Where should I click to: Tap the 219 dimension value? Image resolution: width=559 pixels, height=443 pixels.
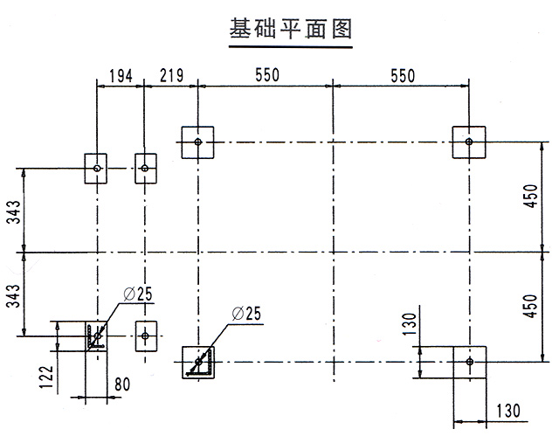[171, 76]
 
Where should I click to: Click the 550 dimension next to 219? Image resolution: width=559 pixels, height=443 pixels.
[266, 76]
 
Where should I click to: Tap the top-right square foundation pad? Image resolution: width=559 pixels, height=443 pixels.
[469, 142]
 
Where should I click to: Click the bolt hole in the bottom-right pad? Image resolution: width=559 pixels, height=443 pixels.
[469, 361]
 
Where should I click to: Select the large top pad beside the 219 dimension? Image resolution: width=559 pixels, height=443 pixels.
[198, 142]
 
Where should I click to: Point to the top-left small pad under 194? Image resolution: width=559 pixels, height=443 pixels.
[96, 168]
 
